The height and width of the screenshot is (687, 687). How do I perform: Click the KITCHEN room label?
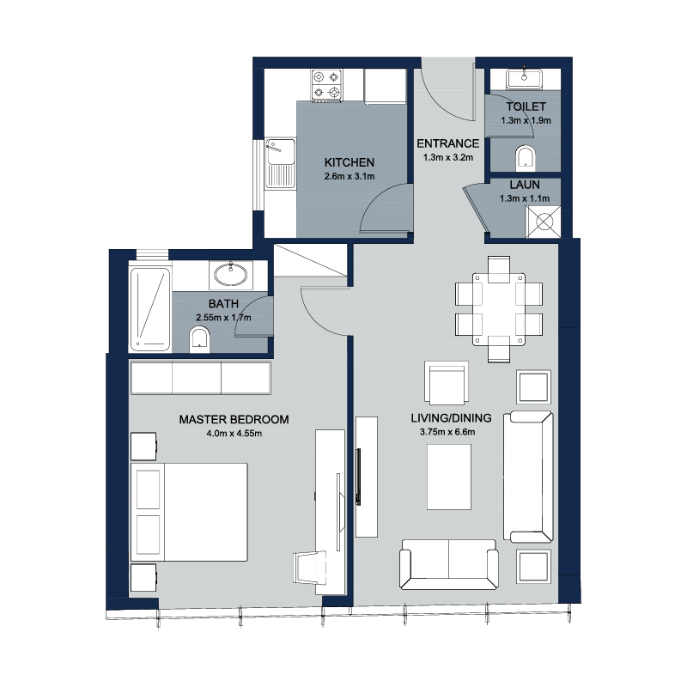[x=350, y=162]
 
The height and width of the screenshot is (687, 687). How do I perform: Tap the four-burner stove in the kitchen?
[x=327, y=85]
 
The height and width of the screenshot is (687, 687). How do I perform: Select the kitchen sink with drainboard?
[x=280, y=163]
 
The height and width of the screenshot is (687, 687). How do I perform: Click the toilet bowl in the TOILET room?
[x=526, y=158]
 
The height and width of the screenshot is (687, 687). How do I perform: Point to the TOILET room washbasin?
[x=524, y=79]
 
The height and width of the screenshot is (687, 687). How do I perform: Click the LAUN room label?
[x=525, y=185]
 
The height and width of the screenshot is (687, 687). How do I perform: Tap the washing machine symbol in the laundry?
[x=544, y=222]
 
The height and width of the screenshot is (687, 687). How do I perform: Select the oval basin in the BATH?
[x=230, y=275]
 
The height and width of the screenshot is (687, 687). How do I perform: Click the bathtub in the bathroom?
[x=149, y=309]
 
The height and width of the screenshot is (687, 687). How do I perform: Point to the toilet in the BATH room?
[x=199, y=340]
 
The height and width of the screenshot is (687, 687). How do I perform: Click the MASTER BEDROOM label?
[x=234, y=419]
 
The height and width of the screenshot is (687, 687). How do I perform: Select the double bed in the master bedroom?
[x=189, y=512]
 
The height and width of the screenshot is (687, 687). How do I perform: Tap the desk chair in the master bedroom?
[x=310, y=568]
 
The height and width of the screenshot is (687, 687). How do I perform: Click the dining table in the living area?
[x=499, y=309]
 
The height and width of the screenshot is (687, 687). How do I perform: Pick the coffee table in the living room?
[x=449, y=477]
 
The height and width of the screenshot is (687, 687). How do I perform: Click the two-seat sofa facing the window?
[x=448, y=564]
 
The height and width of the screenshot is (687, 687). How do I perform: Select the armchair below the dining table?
[x=447, y=383]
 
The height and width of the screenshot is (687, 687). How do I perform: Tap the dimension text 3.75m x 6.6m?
[x=447, y=432]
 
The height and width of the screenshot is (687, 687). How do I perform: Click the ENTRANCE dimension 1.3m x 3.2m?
[x=448, y=158]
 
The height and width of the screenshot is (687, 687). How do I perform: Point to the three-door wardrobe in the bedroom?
[x=201, y=378]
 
